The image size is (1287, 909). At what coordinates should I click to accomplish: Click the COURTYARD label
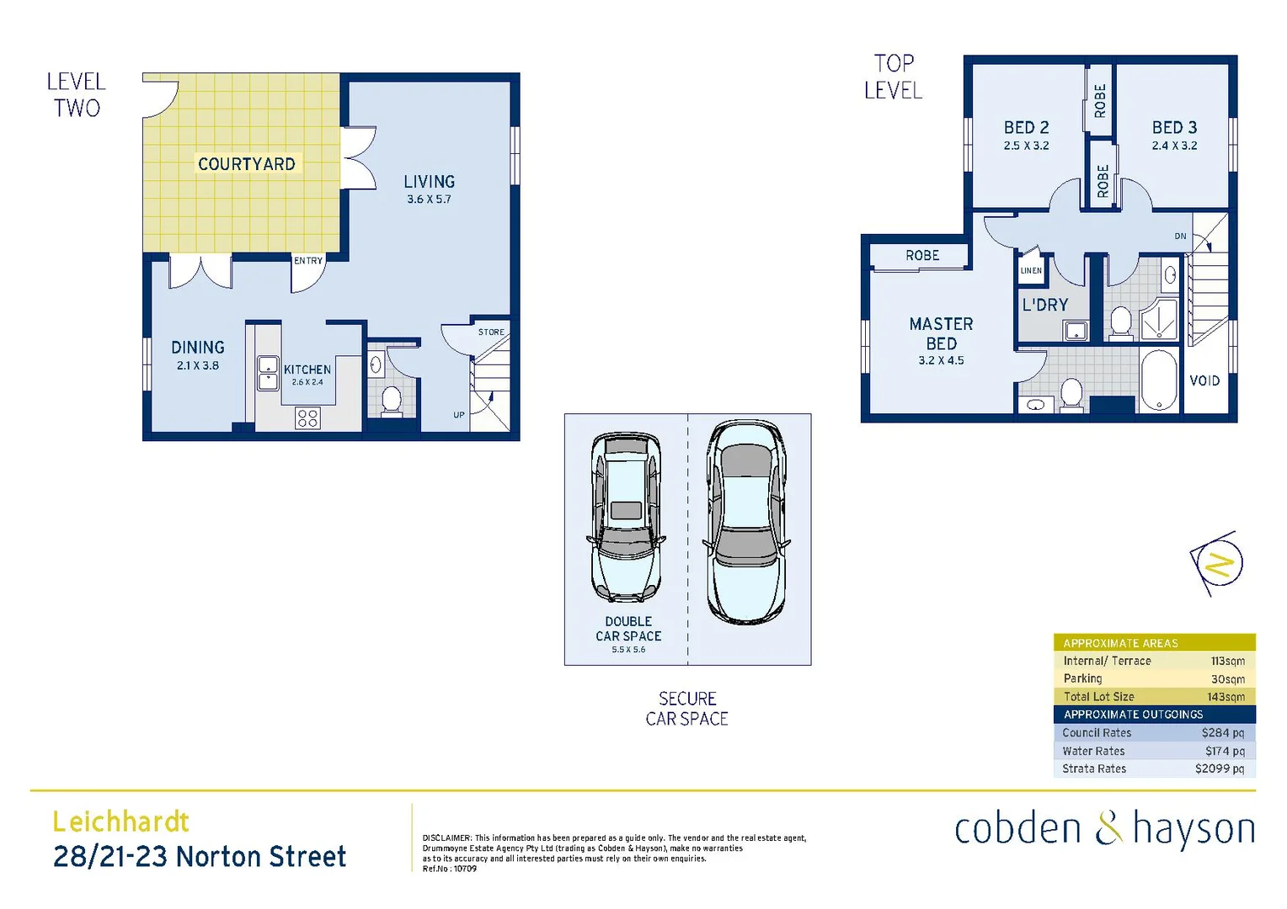[246, 164]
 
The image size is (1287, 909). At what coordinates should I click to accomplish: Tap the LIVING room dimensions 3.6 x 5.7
[429, 199]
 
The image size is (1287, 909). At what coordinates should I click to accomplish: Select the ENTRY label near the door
[308, 261]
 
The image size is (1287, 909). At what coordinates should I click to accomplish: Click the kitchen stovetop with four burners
[307, 417]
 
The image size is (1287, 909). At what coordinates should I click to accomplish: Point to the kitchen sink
[268, 374]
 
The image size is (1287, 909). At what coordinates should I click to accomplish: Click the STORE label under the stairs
[491, 332]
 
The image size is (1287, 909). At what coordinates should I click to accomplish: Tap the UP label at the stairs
[459, 415]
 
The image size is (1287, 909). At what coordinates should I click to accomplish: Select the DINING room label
[198, 348]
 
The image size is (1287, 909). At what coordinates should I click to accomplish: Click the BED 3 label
[1174, 128]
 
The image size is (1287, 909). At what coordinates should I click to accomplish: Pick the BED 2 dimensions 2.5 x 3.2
[1026, 146]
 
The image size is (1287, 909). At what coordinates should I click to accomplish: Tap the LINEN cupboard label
[1031, 271]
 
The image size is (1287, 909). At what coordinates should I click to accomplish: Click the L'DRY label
[1044, 306]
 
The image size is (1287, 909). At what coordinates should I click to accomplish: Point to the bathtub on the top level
[1159, 380]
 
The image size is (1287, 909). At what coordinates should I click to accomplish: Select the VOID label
[1204, 381]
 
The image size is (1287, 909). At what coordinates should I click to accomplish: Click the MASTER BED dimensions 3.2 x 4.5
[941, 360]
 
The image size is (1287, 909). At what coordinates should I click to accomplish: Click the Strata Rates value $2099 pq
[1219, 768]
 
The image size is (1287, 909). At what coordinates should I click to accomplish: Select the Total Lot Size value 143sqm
[1226, 697]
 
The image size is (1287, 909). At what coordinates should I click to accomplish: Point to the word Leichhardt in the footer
[120, 821]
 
